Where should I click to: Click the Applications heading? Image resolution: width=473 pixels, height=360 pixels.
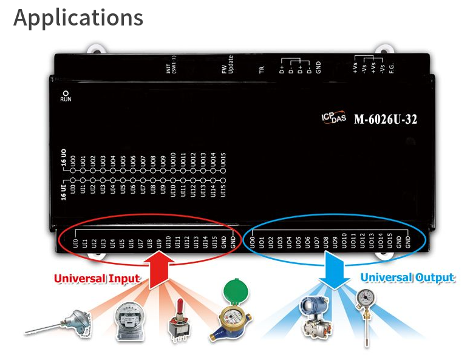point(78,18)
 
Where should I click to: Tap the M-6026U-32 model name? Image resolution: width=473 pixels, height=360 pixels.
point(385,119)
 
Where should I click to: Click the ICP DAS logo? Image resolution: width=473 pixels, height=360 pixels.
point(333,118)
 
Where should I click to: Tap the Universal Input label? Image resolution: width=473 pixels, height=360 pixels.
point(97,279)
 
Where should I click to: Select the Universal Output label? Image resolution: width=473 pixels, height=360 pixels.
point(407,277)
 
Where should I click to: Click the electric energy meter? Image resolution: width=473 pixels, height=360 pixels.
point(131,316)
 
